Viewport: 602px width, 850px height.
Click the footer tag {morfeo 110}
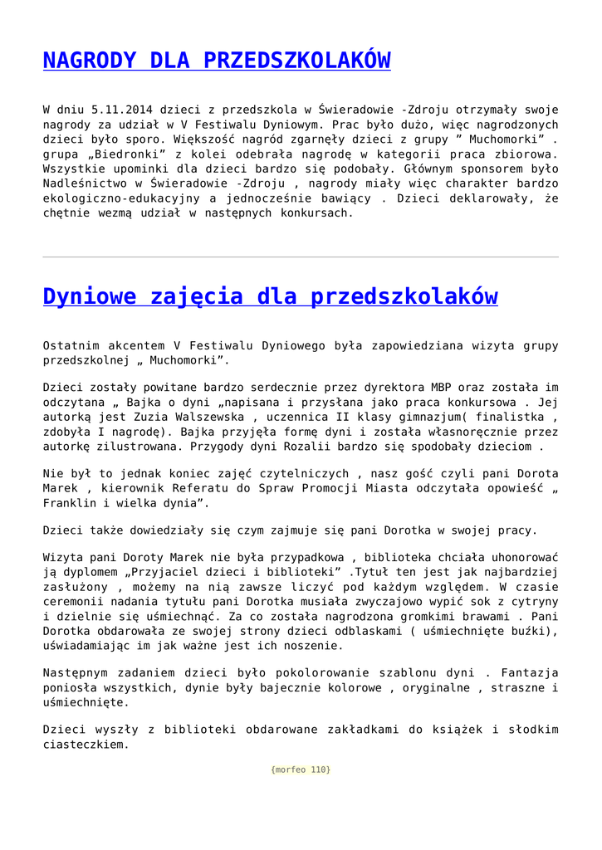click(301, 769)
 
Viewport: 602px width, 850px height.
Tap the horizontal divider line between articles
click(301, 257)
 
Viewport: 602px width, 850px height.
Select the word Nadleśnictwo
click(83, 183)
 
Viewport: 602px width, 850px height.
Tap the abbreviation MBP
click(440, 387)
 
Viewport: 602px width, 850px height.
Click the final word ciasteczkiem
click(86, 745)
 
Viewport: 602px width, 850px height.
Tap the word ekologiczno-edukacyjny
click(122, 198)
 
